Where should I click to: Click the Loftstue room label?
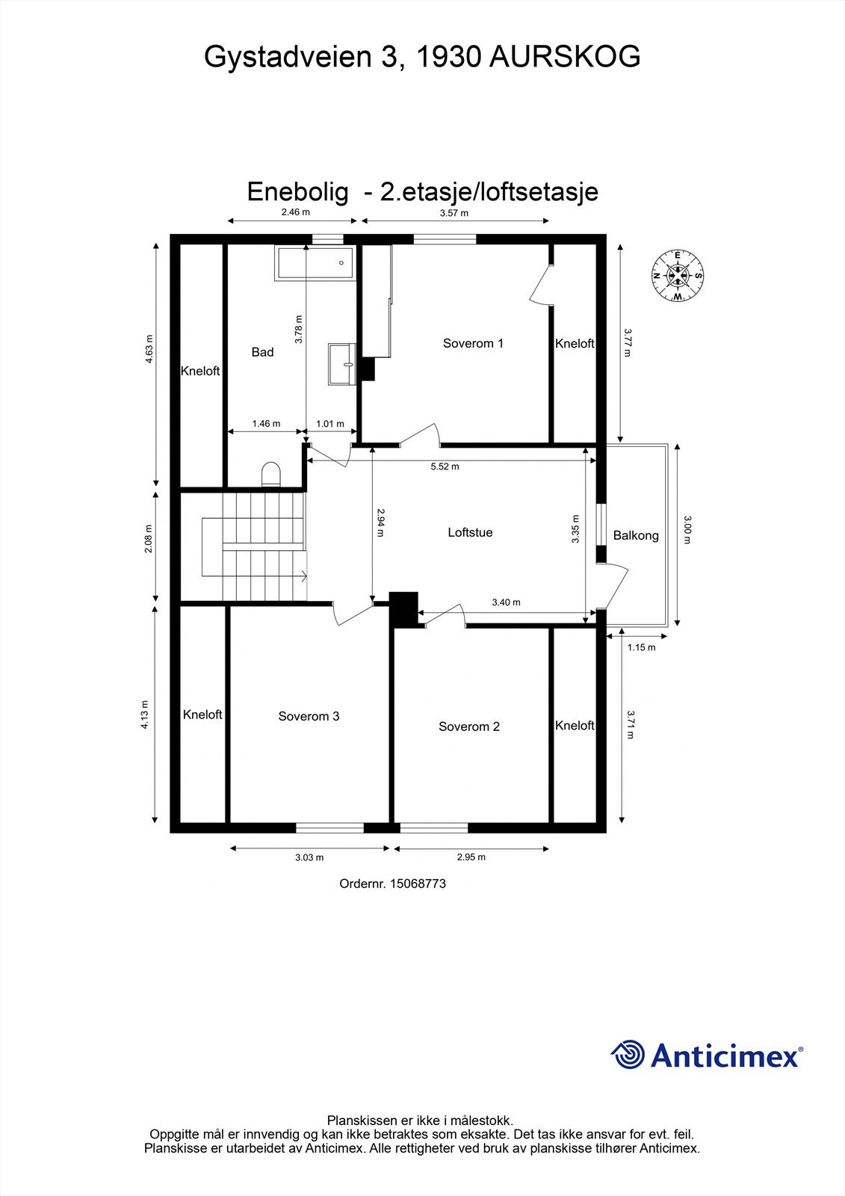click(x=470, y=532)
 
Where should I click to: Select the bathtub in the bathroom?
click(x=315, y=263)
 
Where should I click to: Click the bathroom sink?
click(x=344, y=364)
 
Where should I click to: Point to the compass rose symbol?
click(x=677, y=276)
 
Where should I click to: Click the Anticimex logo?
click(x=707, y=1055)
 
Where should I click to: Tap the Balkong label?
click(x=636, y=535)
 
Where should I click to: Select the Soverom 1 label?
click(x=473, y=343)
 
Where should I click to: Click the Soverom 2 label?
click(x=469, y=726)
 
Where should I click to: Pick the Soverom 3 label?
click(x=309, y=716)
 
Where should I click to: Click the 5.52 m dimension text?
click(x=445, y=466)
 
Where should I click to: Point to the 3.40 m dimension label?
click(x=506, y=602)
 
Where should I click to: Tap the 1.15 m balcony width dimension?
click(x=641, y=647)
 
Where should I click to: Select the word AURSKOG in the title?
click(x=565, y=57)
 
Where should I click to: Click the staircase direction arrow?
click(x=302, y=576)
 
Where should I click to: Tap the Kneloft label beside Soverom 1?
click(x=575, y=343)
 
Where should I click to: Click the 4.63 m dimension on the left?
click(x=149, y=349)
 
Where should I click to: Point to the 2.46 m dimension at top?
click(x=295, y=212)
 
